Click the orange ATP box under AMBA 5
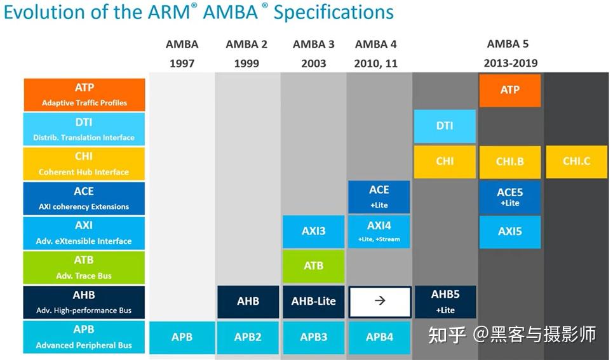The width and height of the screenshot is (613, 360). point(509,90)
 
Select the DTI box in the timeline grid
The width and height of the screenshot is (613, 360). point(445,126)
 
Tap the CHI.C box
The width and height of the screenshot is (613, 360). point(576,161)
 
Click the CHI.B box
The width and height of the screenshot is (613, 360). point(509,161)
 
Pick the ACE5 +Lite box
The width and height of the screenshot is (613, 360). point(509,196)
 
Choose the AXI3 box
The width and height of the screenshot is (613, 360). point(314,231)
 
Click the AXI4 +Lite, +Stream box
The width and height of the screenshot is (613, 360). point(379,231)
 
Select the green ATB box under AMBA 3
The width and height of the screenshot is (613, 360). point(314,266)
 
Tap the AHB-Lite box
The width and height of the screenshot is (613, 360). point(314,301)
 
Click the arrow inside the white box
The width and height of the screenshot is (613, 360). point(380,301)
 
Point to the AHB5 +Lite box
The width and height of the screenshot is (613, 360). point(445,302)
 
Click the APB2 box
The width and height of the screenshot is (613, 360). point(248,337)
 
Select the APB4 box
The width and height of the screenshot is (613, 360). point(379,337)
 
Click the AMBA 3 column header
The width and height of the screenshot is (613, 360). point(314,44)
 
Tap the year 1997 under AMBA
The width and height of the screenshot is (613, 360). point(182,63)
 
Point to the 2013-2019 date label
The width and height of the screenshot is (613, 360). point(510,63)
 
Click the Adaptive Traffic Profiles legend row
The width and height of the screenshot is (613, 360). point(84,95)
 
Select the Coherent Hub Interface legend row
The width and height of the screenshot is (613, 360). point(84,164)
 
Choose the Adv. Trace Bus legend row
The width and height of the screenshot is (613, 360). point(84,267)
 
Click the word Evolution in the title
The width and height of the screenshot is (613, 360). point(41,12)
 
